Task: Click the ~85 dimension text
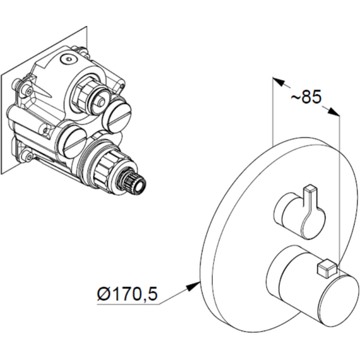tap(305, 97)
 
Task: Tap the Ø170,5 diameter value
tap(128, 294)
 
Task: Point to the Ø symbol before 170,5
tap(104, 294)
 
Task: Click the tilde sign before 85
tap(296, 97)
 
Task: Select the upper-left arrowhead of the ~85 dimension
tap(279, 82)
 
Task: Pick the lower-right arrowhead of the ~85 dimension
tap(333, 112)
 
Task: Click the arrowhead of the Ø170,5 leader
tap(193, 286)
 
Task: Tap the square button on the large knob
tap(327, 268)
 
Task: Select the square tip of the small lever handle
tap(310, 188)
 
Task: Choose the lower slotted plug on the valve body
tap(73, 142)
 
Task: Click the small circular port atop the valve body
tap(68, 59)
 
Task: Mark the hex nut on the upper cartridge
tap(82, 95)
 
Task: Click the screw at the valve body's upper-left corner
tap(28, 92)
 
